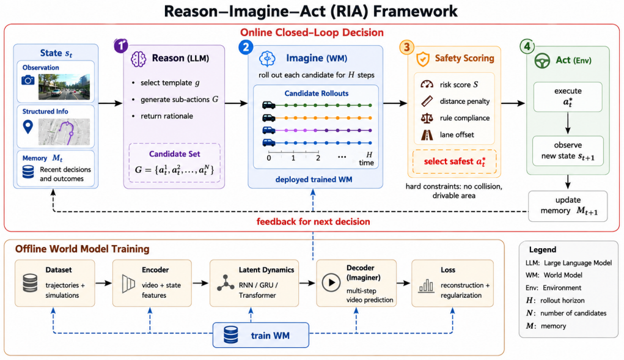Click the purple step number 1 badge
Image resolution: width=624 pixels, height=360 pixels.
click(121, 46)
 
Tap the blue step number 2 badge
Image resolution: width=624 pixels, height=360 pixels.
click(246, 47)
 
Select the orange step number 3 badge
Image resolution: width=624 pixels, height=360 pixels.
click(406, 47)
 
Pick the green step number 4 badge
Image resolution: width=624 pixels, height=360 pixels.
click(527, 46)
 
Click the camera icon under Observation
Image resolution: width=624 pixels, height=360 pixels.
click(28, 80)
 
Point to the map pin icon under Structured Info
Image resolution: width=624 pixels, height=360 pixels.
click(28, 127)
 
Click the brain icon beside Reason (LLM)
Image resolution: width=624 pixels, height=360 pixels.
click(139, 59)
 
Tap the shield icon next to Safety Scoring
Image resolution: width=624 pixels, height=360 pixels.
click(423, 59)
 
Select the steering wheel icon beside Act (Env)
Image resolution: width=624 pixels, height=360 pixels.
click(542, 61)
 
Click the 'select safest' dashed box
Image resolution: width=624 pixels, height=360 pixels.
click(455, 161)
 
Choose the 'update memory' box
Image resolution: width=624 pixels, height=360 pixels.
click(568, 206)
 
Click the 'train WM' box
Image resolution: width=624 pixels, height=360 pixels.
click(261, 335)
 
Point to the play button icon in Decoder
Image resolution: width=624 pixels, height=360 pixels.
click(331, 283)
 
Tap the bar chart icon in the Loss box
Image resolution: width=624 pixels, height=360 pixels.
click(426, 286)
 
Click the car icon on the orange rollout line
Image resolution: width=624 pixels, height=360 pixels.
click(269, 118)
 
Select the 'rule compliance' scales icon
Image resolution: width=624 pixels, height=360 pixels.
click(427, 118)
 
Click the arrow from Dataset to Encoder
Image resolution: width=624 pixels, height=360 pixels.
click(103, 283)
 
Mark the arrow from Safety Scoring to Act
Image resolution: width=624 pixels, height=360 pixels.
click(513, 103)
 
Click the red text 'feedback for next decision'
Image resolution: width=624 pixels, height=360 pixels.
click(313, 222)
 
